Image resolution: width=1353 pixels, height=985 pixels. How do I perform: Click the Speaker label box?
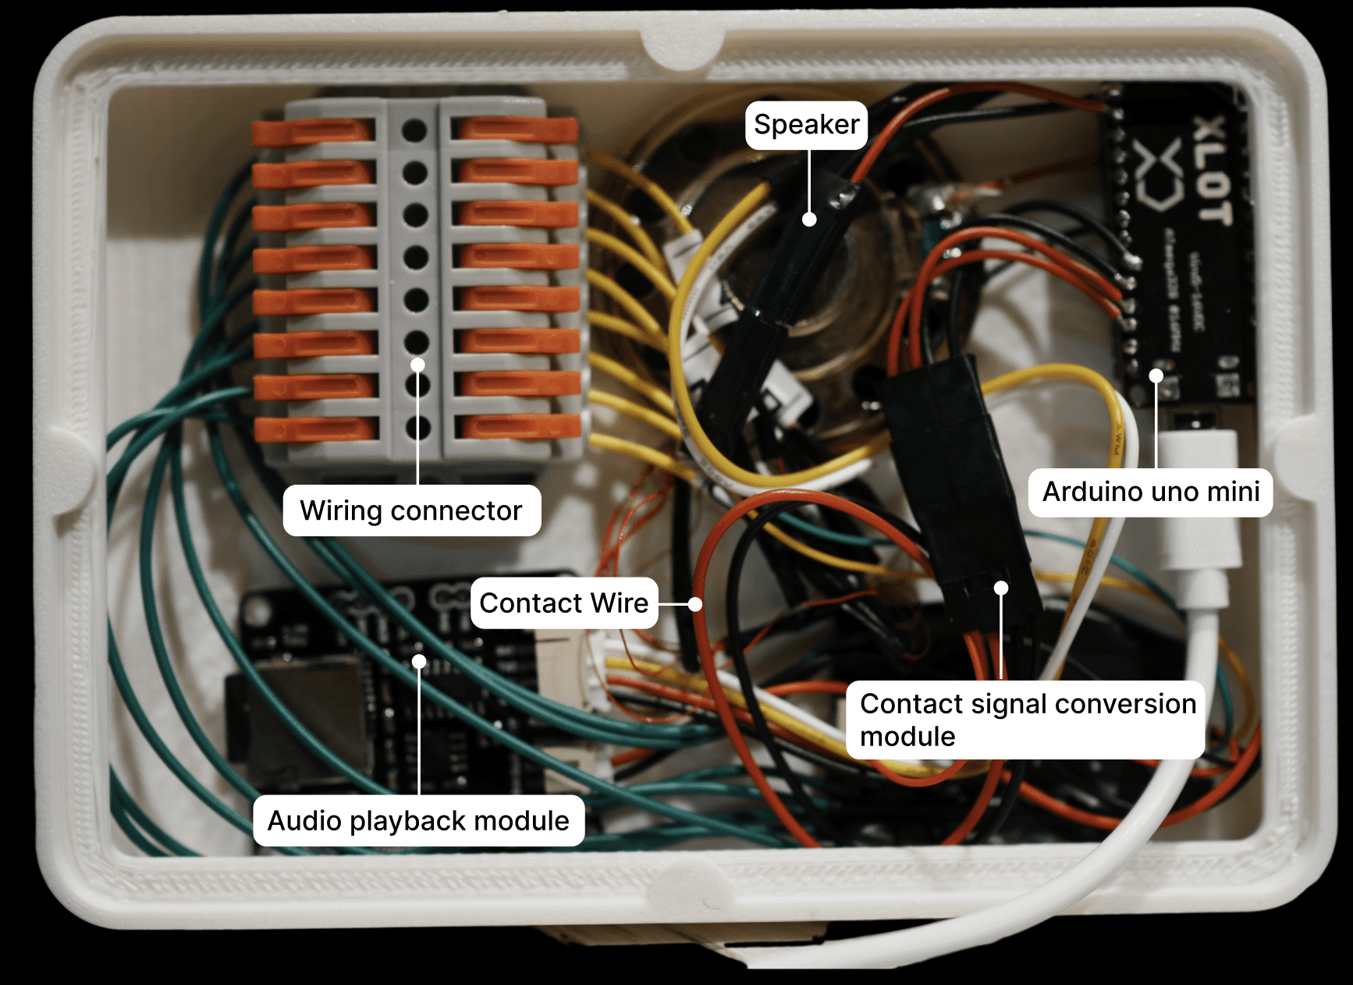806,125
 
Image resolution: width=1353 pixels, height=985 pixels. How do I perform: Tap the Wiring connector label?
411,510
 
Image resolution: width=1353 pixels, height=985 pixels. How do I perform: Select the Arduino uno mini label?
1150,492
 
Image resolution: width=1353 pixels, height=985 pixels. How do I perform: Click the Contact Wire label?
563,603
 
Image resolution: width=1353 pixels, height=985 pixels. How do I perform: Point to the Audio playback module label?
418,821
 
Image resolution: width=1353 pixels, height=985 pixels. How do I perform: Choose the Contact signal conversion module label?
1025,720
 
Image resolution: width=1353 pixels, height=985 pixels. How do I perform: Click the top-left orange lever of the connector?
312,133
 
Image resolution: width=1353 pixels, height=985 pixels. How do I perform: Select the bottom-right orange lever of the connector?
519,426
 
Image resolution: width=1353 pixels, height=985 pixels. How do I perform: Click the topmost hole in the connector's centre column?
414,130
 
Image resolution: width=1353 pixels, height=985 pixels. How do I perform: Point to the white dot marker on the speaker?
810,220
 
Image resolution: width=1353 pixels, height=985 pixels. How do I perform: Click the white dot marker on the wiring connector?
418,365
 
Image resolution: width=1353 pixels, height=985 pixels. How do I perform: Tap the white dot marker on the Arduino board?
1156,376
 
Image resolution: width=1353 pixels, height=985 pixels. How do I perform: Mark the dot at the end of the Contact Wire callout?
695,603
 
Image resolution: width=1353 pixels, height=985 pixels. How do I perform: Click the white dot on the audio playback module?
419,662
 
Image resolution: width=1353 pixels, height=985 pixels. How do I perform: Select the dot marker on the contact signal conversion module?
1001,588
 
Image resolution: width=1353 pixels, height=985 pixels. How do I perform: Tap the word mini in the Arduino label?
1232,492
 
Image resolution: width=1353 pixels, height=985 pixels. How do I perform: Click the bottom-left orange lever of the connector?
316,429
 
